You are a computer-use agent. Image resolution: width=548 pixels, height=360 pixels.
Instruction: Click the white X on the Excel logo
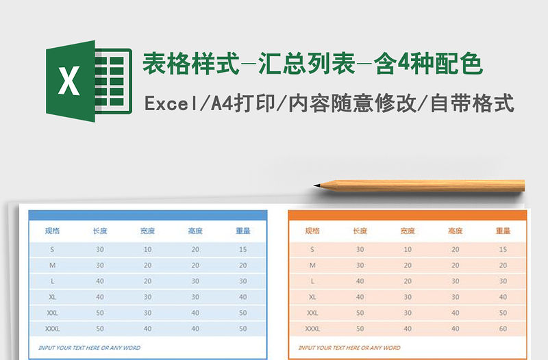(x=68, y=81)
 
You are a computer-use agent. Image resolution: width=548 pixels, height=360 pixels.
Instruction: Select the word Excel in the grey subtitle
(x=169, y=105)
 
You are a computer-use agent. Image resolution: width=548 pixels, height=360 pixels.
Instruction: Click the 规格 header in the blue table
(x=52, y=231)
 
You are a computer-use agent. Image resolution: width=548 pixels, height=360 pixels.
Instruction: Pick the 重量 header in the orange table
(x=503, y=231)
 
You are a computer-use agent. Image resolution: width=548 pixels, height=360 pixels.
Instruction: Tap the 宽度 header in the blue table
(x=147, y=231)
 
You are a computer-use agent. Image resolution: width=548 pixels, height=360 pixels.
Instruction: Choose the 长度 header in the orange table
(x=360, y=231)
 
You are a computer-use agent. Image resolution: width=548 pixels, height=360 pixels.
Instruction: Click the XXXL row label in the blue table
(x=52, y=329)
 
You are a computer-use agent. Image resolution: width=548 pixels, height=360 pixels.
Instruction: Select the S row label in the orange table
(x=312, y=249)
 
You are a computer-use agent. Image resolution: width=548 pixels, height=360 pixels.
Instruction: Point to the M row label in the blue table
(x=52, y=265)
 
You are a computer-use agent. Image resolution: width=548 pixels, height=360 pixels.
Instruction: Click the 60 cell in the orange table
(x=503, y=329)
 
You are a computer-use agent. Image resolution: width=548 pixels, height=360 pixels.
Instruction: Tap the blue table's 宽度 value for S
(x=147, y=249)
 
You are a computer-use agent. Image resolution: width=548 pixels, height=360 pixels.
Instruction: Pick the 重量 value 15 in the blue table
(x=242, y=249)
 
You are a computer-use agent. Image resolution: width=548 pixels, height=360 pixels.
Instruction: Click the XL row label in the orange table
(x=312, y=297)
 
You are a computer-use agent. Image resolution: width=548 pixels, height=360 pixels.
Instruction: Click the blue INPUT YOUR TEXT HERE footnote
(x=89, y=348)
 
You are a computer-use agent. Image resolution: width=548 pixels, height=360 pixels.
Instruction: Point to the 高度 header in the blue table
(x=195, y=231)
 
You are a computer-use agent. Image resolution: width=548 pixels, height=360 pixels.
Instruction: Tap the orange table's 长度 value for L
(x=360, y=281)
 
